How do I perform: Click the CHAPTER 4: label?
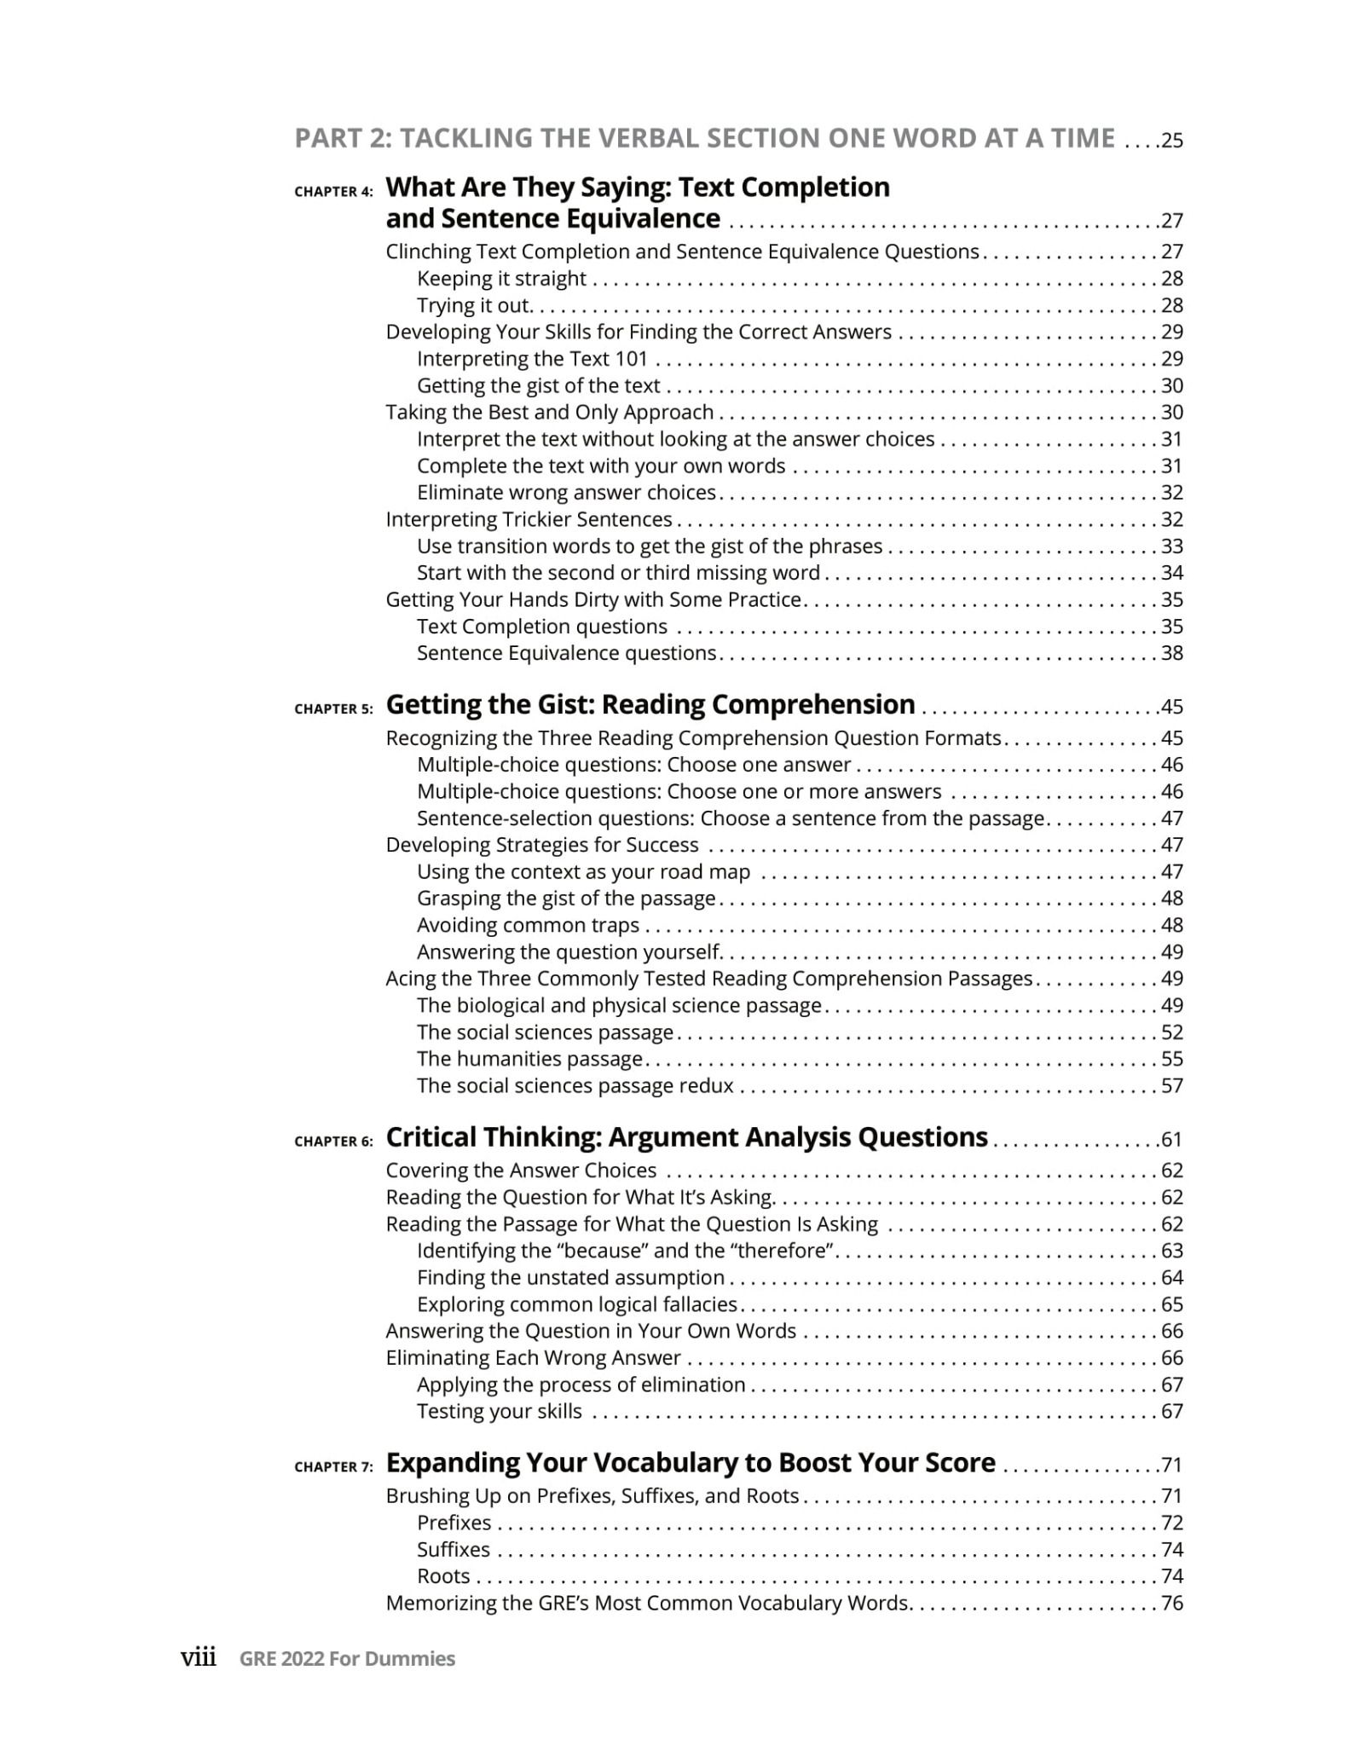pos(333,192)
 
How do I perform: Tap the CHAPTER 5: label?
pos(333,708)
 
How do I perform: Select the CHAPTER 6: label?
pos(333,1142)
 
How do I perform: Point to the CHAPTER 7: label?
pos(333,1467)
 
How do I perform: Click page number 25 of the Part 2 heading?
pos(1172,141)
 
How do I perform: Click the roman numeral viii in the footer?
pos(199,1657)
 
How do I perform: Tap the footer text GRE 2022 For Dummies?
pos(347,1659)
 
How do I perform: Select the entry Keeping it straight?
pos(501,279)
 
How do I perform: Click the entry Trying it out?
pos(474,305)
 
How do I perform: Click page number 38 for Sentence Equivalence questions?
pos(1172,653)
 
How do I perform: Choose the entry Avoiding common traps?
pos(528,925)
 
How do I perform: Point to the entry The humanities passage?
pos(529,1059)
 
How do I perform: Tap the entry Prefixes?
pos(454,1523)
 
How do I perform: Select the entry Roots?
pos(443,1576)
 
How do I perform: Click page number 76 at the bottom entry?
pos(1172,1603)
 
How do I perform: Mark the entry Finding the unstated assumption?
pos(570,1277)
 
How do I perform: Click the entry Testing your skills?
pos(500,1411)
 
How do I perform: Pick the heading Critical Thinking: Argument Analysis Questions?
pos(686,1137)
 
